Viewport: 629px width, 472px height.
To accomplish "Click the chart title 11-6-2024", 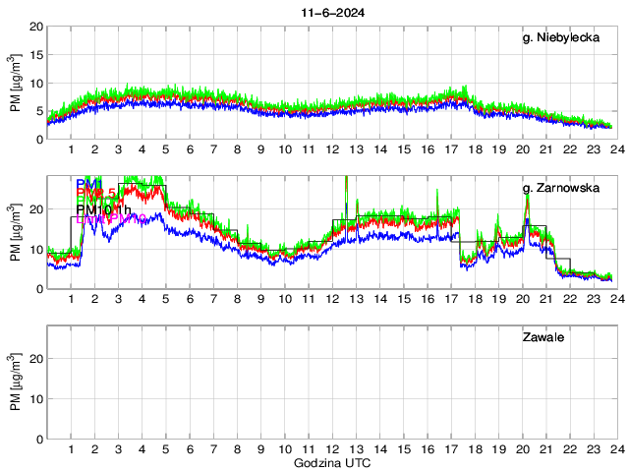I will point(328,13).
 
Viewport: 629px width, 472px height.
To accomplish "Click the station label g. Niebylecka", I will point(561,37).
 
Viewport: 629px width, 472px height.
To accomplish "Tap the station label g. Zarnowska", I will point(561,186).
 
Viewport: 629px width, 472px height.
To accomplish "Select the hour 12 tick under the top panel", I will point(332,149).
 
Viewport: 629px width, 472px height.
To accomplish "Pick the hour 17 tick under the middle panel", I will point(451,299).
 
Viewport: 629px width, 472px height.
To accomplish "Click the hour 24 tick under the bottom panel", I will point(616,449).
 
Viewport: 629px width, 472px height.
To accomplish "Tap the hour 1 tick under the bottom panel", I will point(72,449).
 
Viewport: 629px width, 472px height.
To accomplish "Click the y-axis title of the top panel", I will point(16,84).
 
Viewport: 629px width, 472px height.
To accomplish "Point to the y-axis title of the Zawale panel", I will point(16,383).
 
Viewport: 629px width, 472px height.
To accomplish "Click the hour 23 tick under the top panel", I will point(594,149).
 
